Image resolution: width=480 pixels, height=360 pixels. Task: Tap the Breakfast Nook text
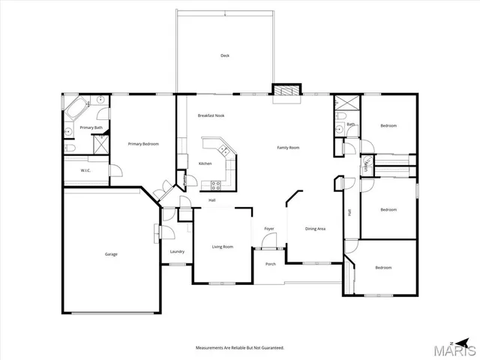pos(211,115)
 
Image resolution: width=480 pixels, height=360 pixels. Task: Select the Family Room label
pos(288,148)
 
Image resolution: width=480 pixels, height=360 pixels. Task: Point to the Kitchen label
pos(205,163)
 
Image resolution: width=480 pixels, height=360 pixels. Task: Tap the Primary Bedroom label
pos(142,144)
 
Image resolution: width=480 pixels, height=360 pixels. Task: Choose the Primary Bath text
pos(91,128)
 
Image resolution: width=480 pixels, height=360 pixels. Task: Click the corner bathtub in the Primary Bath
pos(75,110)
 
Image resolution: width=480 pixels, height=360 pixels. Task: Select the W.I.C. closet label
pos(86,171)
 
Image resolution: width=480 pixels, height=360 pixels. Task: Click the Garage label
pos(111,254)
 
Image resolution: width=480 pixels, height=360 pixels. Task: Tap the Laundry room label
pos(177,251)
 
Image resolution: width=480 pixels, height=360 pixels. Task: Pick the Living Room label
pos(222,247)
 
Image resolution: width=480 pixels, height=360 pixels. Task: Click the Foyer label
pos(268,229)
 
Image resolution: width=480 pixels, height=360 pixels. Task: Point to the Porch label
pos(271,263)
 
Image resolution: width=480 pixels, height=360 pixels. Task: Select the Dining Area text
pos(315,229)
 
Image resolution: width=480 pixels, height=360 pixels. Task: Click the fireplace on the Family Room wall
pos(284,90)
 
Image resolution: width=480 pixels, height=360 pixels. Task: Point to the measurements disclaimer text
pos(240,348)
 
